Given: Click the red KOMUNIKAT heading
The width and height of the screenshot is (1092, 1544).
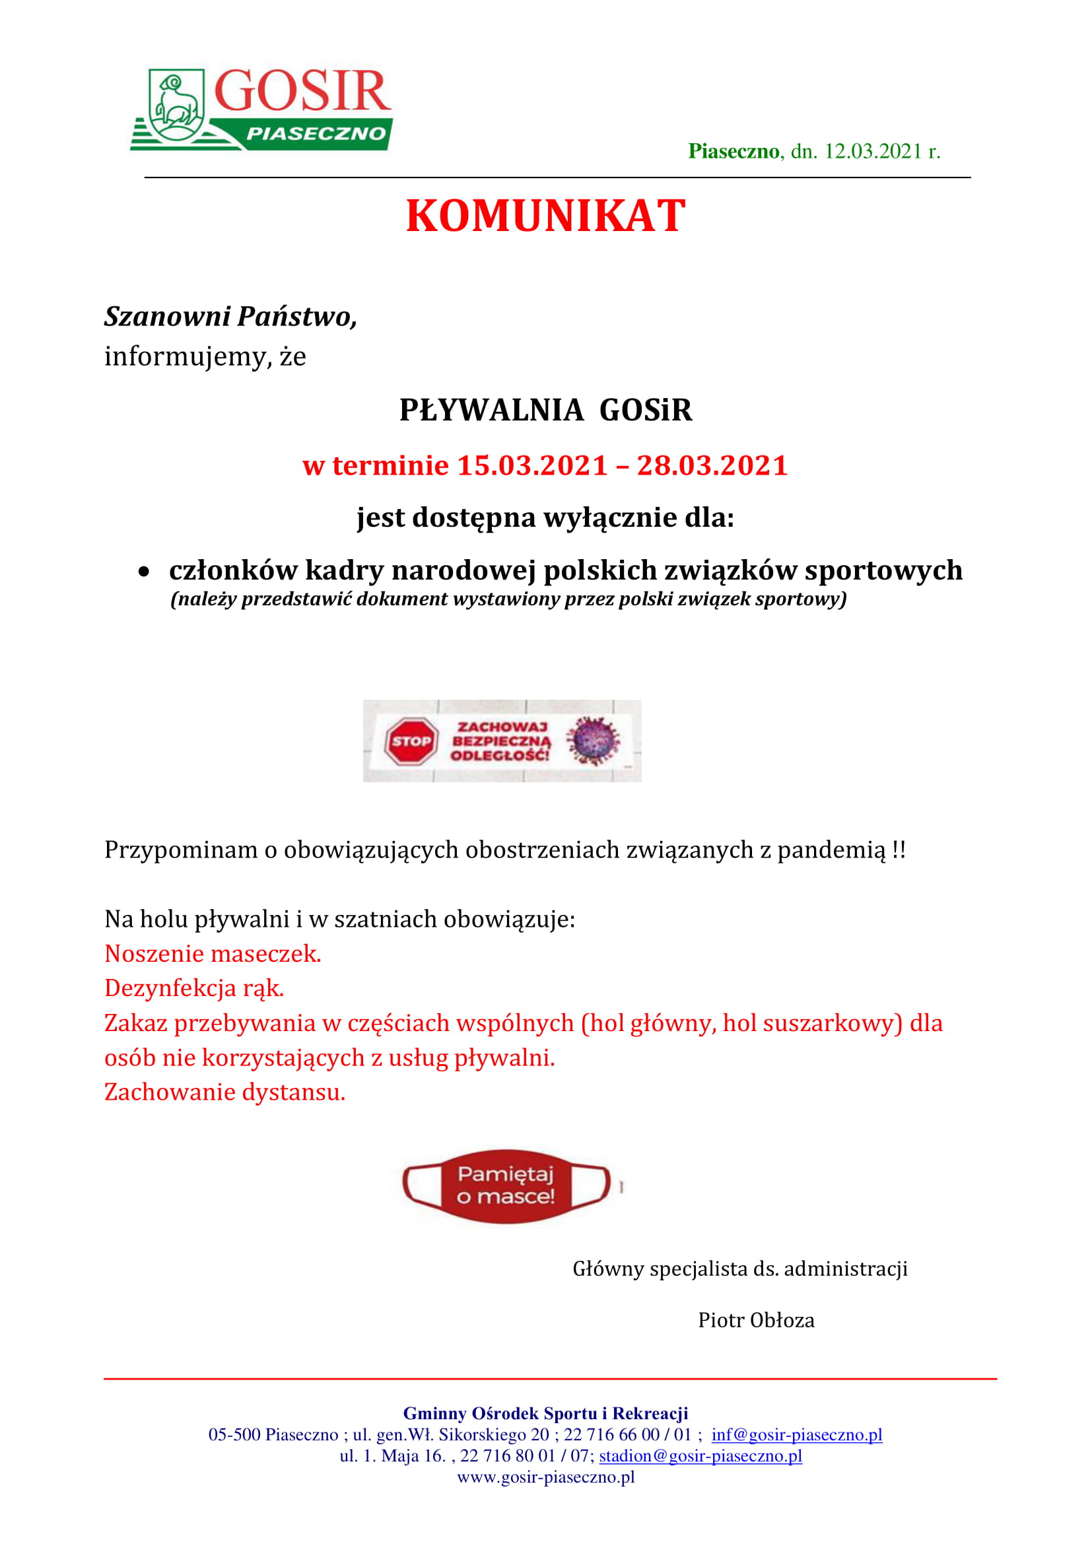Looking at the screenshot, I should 545,217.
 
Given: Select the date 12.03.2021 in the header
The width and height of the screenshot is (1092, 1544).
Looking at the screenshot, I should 872,151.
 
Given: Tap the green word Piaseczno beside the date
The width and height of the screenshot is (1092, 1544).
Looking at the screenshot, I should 733,151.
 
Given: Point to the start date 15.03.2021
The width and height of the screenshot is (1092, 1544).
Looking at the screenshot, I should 532,465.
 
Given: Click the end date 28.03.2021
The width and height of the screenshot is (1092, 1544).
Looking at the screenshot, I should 712,465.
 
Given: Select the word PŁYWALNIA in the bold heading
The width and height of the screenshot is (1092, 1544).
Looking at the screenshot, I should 491,410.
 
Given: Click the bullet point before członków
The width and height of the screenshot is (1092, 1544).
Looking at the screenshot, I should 144,572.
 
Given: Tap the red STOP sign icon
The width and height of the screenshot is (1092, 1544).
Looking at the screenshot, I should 411,741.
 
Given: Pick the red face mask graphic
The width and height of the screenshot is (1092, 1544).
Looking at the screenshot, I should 506,1186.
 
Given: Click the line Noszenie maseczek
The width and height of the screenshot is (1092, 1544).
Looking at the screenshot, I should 213,954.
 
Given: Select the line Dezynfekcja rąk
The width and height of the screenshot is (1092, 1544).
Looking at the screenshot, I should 194,989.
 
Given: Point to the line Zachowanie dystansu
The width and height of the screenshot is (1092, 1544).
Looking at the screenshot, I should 224,1092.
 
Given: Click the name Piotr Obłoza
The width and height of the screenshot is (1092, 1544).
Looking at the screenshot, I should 756,1320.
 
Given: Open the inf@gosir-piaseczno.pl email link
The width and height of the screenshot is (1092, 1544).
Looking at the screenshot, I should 797,1435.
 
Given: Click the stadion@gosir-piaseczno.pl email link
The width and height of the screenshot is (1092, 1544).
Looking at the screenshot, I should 700,1457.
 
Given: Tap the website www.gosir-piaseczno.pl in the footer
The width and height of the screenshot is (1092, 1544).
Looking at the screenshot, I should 546,1477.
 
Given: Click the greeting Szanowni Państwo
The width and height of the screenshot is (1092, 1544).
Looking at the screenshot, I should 230,317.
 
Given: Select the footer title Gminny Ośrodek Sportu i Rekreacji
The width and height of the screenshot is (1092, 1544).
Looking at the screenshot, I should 545,1413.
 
